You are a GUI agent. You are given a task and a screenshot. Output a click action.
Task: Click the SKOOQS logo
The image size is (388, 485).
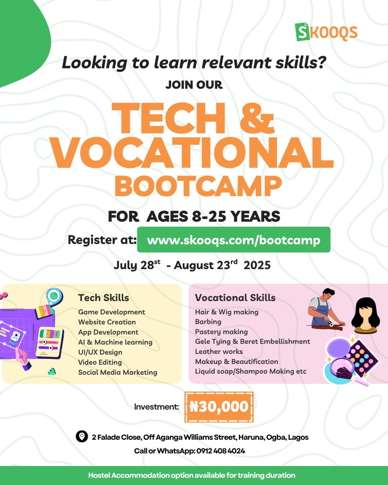(327, 32)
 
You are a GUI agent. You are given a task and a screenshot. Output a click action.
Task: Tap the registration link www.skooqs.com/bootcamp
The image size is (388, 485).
(234, 240)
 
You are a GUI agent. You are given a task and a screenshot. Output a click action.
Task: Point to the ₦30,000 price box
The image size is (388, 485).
(219, 407)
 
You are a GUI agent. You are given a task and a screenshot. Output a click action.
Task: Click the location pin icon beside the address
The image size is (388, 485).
(82, 437)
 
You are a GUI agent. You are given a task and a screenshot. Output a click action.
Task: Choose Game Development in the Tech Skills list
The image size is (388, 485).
(112, 312)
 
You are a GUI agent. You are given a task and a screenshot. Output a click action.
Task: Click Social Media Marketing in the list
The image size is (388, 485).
(118, 372)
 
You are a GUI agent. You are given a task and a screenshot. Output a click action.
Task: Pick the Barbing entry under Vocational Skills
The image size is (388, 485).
(208, 322)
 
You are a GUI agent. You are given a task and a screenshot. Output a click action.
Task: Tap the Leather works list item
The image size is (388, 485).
(219, 352)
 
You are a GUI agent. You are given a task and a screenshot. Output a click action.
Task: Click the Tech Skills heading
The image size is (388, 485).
(103, 298)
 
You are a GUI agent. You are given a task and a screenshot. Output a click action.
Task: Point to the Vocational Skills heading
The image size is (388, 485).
(235, 298)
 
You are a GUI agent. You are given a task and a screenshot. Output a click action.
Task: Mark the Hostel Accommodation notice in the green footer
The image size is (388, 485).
(192, 475)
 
